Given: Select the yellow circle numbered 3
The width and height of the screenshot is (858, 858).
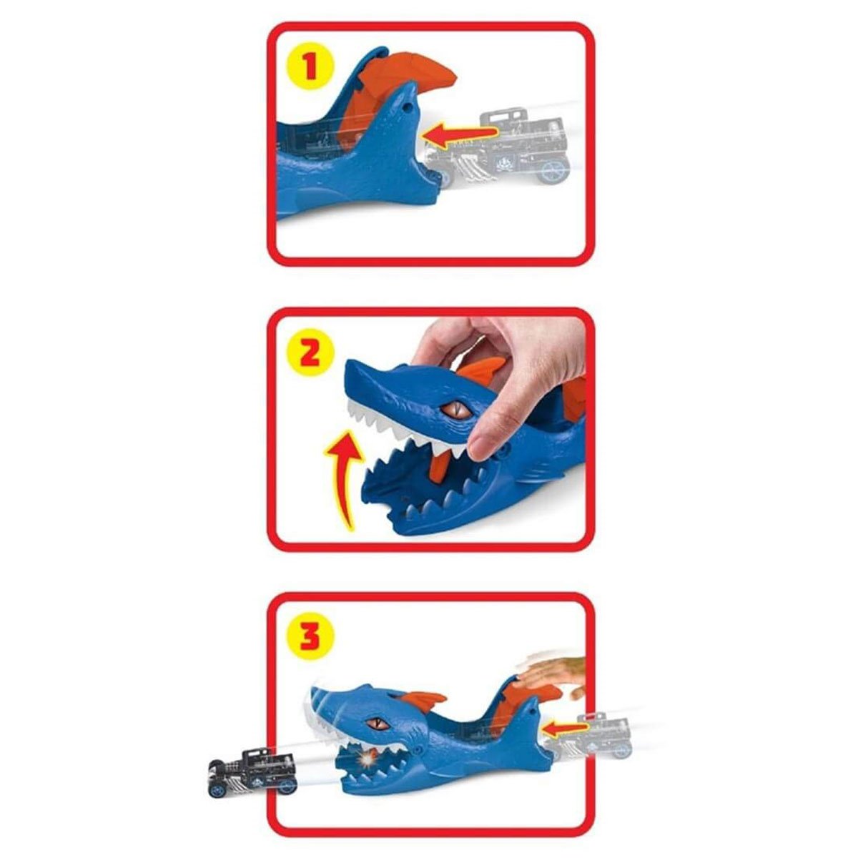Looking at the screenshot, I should point(309,634).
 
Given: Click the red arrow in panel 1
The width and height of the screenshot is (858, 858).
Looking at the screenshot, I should point(458,133).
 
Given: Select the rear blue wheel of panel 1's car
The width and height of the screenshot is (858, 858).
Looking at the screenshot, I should point(556,171).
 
